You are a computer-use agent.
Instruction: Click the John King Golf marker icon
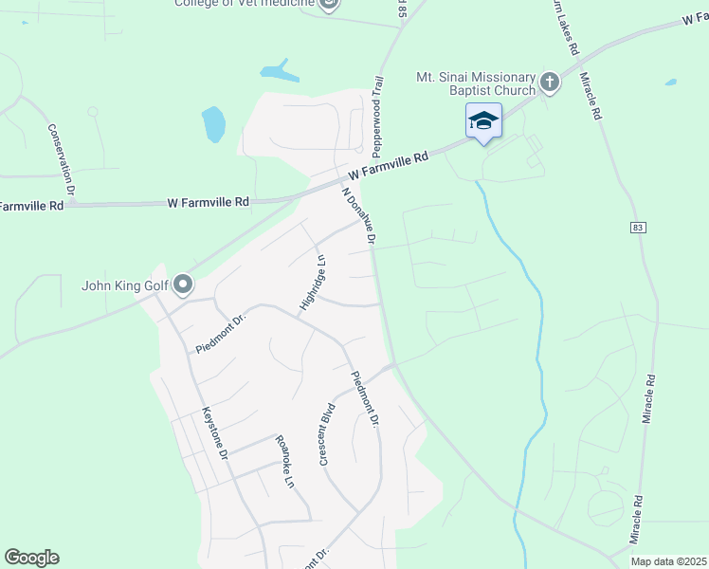click(x=183, y=284)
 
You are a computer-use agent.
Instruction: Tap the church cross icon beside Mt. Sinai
click(x=549, y=83)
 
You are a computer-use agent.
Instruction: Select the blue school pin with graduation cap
click(x=483, y=120)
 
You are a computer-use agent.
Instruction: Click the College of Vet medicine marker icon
click(x=329, y=5)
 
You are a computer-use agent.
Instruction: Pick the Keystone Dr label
click(x=215, y=434)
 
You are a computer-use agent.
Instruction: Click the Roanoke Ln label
click(x=283, y=460)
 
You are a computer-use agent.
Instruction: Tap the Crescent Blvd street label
click(x=327, y=434)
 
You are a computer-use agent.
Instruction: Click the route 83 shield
click(x=636, y=227)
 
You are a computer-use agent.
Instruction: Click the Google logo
click(x=31, y=558)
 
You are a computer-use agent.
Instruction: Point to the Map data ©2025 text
click(x=668, y=561)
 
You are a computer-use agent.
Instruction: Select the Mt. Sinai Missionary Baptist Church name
click(x=475, y=83)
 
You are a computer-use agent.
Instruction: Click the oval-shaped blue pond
click(x=213, y=123)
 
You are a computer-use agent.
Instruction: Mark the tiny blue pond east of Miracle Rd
click(x=671, y=83)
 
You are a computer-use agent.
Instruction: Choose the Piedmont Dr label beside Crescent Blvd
click(x=365, y=398)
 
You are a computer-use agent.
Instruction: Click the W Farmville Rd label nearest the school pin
click(x=389, y=166)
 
